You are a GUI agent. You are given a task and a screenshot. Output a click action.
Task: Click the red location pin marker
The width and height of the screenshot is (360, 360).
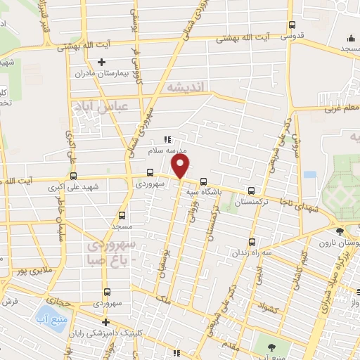click(181, 166)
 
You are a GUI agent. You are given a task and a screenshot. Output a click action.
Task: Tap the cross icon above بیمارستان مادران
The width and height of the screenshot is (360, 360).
click(103, 62)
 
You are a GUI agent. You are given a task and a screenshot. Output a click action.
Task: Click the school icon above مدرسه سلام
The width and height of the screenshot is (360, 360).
click(167, 139)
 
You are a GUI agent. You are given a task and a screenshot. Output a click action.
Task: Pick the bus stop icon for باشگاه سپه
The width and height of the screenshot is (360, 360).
click(204, 179)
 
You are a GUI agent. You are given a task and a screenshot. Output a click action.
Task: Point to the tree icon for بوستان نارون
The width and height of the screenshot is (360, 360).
click(340, 231)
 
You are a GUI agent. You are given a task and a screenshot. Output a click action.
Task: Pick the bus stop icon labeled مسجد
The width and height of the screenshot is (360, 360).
click(122, 216)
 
